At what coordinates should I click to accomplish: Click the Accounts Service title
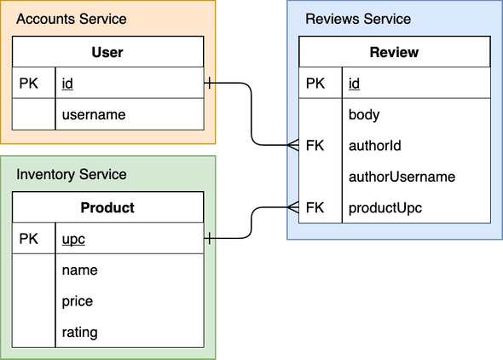(x=72, y=19)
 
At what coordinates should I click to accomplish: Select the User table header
(x=107, y=52)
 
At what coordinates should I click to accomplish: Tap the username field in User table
(x=94, y=114)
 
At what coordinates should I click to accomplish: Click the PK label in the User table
(x=28, y=84)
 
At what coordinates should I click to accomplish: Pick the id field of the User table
(x=67, y=84)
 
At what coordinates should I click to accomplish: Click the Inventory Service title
(x=72, y=175)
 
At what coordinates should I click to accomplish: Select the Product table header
(x=107, y=207)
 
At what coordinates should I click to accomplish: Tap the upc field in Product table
(x=73, y=240)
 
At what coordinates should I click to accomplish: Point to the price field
(x=78, y=301)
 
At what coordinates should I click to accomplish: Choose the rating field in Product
(x=79, y=332)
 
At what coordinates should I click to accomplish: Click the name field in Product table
(x=80, y=270)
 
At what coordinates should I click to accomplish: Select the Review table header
(x=394, y=52)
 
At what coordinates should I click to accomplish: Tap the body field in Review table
(x=364, y=114)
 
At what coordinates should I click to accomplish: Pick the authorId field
(x=375, y=146)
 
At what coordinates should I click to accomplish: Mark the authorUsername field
(x=402, y=177)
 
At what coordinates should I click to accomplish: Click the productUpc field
(x=385, y=208)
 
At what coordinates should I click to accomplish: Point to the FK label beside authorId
(x=315, y=146)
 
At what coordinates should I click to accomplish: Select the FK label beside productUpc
(x=315, y=208)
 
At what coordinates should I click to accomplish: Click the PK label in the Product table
(x=28, y=240)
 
